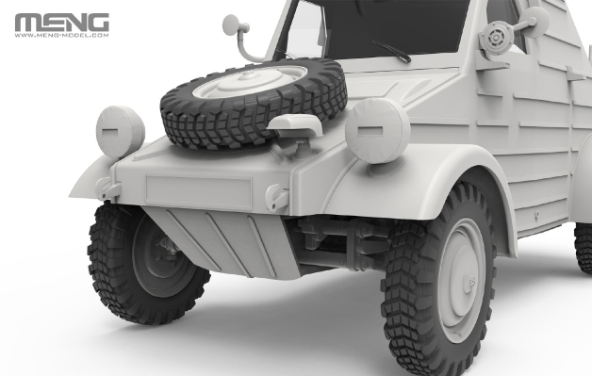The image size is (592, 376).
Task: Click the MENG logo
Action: (61, 22)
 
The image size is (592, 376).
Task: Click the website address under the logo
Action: (61, 37)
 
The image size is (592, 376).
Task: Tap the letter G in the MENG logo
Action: (96, 22)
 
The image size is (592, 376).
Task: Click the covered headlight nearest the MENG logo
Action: (120, 130)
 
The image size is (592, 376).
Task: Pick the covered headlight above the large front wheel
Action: (377, 130)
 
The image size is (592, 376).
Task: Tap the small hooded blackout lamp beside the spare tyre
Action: (295, 127)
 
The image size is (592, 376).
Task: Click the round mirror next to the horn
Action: (534, 20)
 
